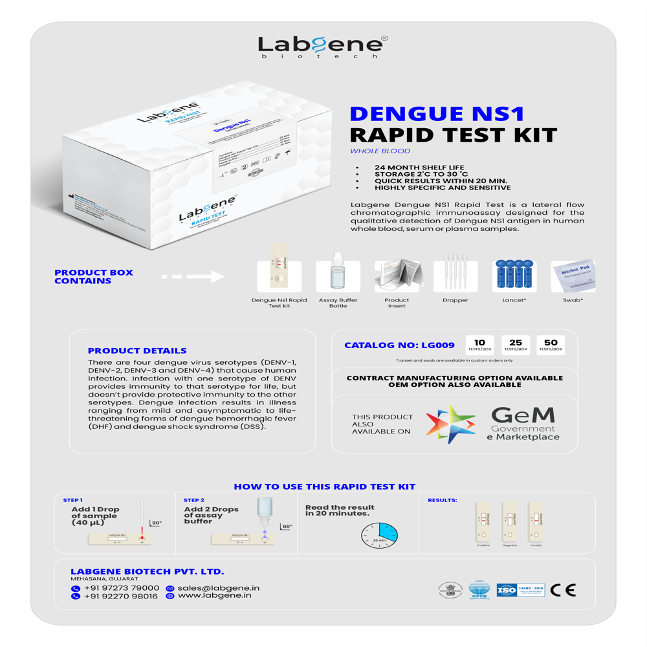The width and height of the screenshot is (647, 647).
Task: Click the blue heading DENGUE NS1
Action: coord(436,114)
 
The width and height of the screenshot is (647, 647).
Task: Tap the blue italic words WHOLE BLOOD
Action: coord(380,151)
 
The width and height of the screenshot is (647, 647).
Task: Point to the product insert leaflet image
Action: coord(397,276)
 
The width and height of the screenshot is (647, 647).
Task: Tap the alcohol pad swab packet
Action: coord(573,276)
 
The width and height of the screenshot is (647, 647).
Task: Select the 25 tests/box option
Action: coord(516,345)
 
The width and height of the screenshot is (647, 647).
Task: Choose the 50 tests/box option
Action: coord(551,345)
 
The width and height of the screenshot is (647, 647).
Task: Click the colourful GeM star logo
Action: coord(450,424)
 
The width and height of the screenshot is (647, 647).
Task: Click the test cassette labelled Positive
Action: coord(483,521)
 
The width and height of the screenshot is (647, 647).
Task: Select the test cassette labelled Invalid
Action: coord(536,521)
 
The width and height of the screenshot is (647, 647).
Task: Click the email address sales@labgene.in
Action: coord(218,588)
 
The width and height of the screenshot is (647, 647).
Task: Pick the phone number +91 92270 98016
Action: coord(120,597)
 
